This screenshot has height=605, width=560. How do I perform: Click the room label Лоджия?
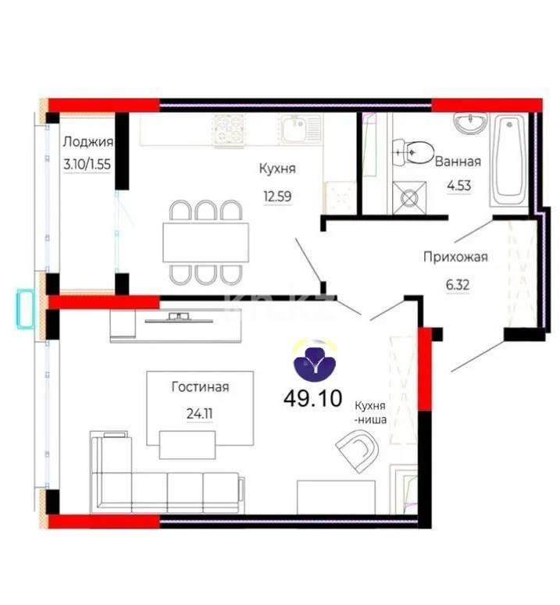pos(88,141)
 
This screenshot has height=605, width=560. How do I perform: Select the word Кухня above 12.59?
pos(277,168)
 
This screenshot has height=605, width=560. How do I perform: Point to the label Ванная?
pos(458,162)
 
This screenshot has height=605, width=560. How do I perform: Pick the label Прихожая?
pos(455,256)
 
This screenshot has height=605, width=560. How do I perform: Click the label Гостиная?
pos(201,386)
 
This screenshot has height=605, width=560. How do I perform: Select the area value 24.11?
pos(201,414)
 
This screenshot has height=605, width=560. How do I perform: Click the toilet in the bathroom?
pos(416,151)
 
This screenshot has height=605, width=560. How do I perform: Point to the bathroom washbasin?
pos(469,124)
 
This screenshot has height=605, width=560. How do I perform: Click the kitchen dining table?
pos(205,242)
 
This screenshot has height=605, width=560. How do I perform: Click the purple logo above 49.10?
pos(314,360)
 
